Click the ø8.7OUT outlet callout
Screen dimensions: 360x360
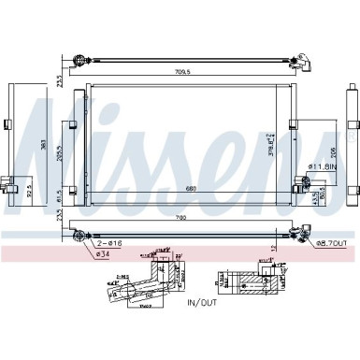[x=330, y=243]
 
